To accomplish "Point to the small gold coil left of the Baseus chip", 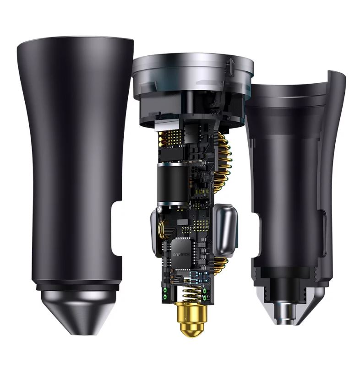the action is pyautogui.click(x=162, y=229).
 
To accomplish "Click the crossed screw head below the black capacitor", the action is pyautogui.click(x=160, y=208).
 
